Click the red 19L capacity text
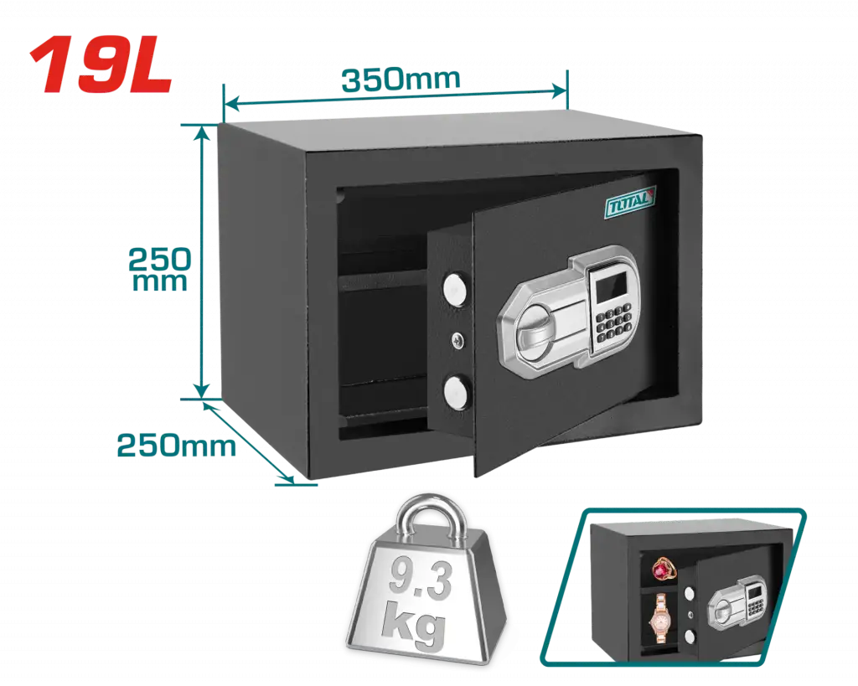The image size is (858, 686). pos(101,64)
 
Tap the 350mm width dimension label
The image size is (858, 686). pos(401,80)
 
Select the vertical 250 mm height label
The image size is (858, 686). pos(159,269)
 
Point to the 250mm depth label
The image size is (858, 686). pos(176,446)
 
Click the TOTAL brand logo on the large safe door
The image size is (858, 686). pos(630,203)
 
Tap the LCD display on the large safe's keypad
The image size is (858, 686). pos(611,287)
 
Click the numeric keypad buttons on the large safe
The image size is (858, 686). pos(614,323)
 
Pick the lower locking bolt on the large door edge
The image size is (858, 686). pos(455,392)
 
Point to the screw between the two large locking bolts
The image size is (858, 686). pos(458,342)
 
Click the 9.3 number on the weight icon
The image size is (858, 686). pos(421,579)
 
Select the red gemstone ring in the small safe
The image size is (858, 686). pos(664,570)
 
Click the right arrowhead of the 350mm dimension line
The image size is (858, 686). pos(561,90)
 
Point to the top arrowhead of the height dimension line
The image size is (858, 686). pos(203,133)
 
